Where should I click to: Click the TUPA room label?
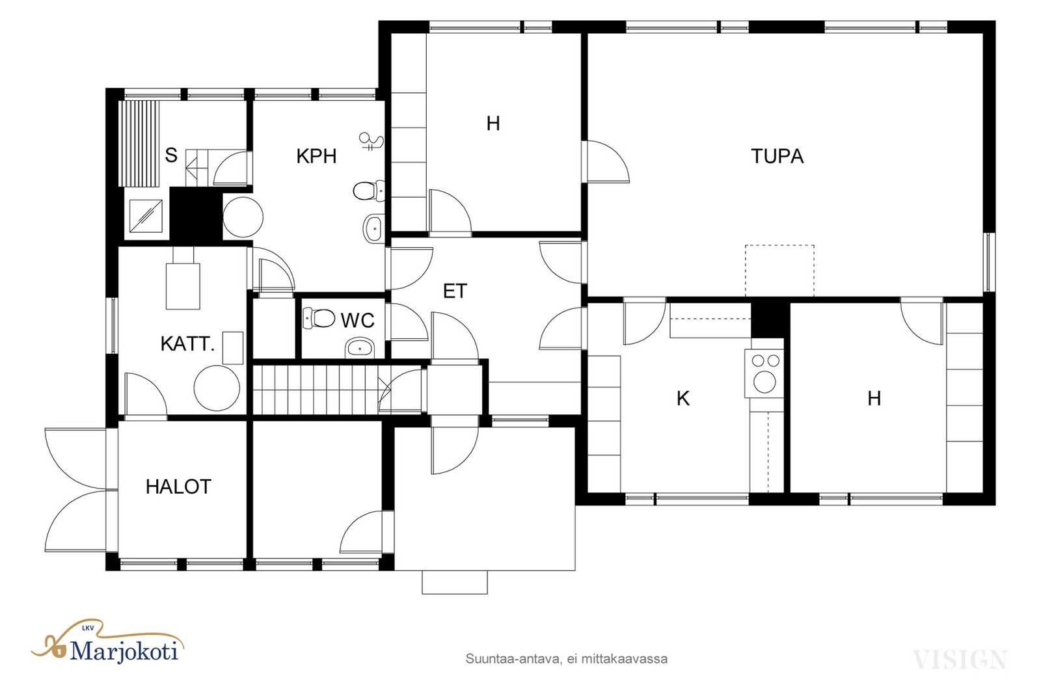777,156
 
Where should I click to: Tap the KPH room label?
316,156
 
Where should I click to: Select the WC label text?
357,321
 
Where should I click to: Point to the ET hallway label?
455,291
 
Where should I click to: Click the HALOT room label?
178,487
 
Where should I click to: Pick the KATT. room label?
187,344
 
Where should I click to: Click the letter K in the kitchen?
683,399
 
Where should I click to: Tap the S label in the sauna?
171,155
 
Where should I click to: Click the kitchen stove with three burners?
764,373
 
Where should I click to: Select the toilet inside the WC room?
319,318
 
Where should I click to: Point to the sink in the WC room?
360,348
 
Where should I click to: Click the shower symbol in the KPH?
372,141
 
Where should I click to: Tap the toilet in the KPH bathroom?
369,191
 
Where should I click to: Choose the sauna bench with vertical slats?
139,144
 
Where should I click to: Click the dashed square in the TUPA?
779,271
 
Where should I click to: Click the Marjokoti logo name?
124,650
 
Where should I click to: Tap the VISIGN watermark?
960,660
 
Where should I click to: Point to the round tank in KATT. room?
217,388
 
